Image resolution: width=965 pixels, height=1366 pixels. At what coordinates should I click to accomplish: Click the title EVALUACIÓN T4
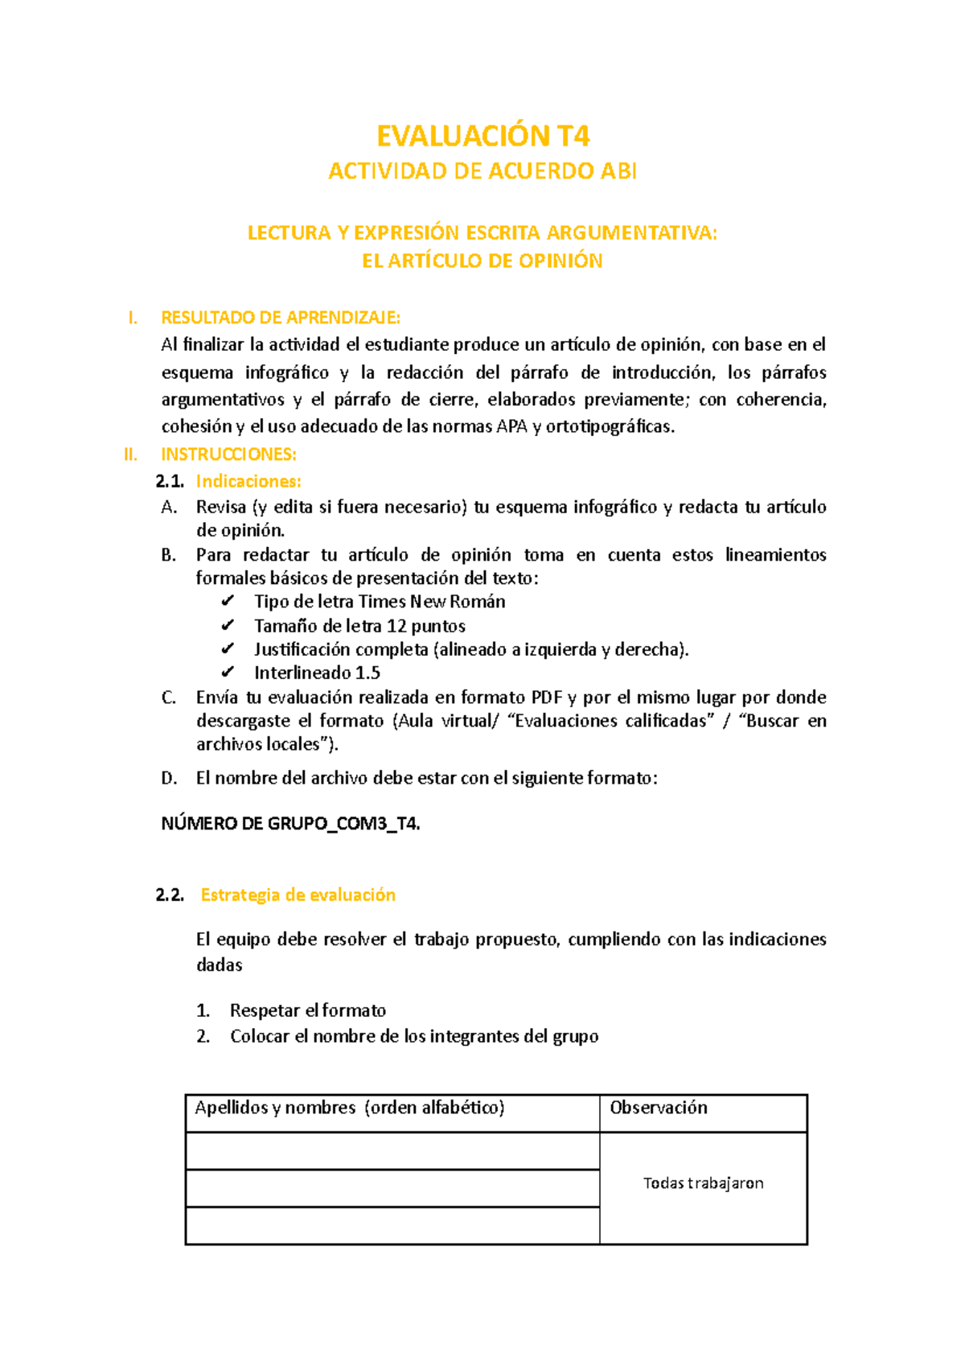click(x=482, y=136)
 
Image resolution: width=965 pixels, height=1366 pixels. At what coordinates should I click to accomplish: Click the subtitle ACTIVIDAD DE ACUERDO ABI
click(x=482, y=171)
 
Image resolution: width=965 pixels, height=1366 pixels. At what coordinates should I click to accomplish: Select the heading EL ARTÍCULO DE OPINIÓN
click(x=482, y=261)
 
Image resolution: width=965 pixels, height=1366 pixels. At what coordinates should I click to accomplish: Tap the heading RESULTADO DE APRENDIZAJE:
click(x=281, y=317)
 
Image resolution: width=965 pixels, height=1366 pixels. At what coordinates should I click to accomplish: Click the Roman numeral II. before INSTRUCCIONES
click(x=130, y=455)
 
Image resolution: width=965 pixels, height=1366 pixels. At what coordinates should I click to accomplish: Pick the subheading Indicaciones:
click(x=248, y=481)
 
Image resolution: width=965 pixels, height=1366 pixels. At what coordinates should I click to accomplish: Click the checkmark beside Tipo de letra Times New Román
click(x=228, y=602)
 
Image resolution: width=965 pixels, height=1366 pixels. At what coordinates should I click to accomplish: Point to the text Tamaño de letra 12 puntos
click(x=359, y=626)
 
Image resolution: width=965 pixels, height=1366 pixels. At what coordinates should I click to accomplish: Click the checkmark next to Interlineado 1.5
click(x=228, y=673)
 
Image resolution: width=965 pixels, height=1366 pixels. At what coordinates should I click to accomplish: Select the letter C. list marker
click(x=169, y=697)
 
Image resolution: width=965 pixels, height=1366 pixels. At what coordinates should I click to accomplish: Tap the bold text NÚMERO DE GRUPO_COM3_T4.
click(x=290, y=824)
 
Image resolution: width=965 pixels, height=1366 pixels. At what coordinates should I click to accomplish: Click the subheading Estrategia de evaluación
click(x=298, y=895)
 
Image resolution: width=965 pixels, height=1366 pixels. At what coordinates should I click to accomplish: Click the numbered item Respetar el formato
click(x=307, y=1010)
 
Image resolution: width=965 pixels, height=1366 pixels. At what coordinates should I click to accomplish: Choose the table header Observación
click(x=659, y=1108)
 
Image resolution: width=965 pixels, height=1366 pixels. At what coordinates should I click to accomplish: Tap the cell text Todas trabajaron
click(x=703, y=1183)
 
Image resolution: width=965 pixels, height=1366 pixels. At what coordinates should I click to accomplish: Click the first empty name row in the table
click(x=392, y=1151)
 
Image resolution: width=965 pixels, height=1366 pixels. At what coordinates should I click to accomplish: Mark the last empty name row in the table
click(x=392, y=1225)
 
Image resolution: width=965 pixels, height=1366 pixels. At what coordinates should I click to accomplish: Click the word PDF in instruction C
click(x=546, y=697)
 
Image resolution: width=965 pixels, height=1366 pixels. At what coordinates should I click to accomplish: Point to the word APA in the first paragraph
click(x=511, y=427)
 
